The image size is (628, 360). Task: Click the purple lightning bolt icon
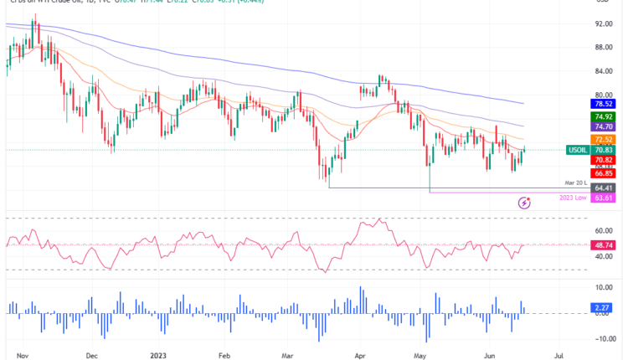click(x=525, y=203)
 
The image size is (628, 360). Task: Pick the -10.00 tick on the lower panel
click(x=605, y=339)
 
